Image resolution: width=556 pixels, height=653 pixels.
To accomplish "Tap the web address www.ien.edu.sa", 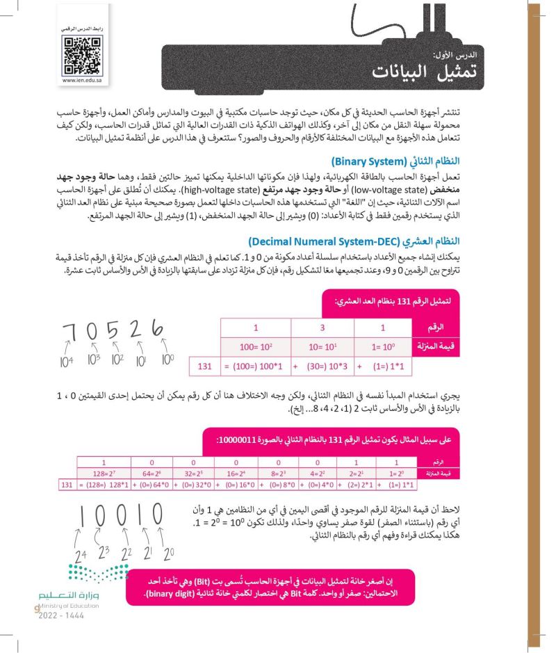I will (x=78, y=80).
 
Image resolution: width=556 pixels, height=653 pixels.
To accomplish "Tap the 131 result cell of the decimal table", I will (x=204, y=364).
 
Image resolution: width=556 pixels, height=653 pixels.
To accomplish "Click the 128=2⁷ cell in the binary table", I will (x=104, y=474).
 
